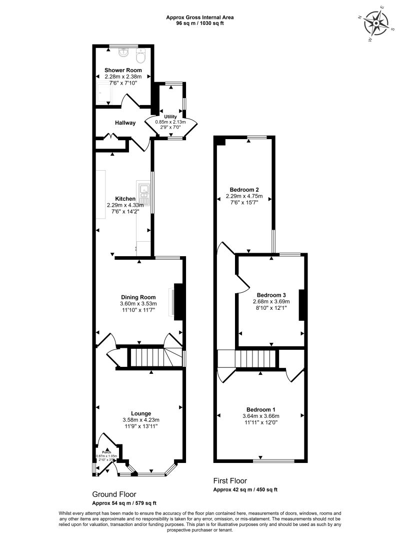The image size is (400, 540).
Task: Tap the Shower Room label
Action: [123, 70]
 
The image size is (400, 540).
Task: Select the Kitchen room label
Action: [125, 199]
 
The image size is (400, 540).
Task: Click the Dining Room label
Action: [138, 297]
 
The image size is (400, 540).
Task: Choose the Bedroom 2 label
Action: [244, 190]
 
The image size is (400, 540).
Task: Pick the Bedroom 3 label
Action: [271, 295]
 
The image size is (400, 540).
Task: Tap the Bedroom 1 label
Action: [260, 409]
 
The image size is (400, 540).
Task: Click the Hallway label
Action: [125, 123]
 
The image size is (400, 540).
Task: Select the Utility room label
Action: [170, 117]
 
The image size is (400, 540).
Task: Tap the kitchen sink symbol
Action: [144, 190]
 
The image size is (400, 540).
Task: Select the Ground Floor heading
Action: [114, 494]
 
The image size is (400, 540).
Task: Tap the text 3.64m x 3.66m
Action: [260, 416]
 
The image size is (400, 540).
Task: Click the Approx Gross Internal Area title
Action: [200, 18]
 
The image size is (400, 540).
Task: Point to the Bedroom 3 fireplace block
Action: [301, 304]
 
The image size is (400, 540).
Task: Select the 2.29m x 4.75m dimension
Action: [244, 196]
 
